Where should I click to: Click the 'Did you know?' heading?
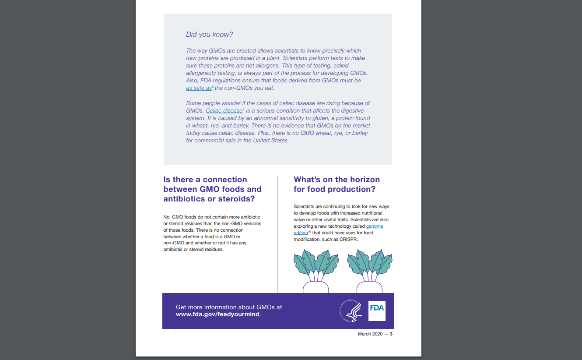(210, 35)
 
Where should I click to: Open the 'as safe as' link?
(199, 88)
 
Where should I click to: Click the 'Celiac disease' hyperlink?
(224, 111)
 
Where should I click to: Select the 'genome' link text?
(375, 226)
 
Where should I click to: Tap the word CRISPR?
(351, 240)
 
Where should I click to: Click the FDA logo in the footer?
(377, 311)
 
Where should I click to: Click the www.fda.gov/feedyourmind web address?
(218, 314)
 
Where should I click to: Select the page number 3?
(391, 334)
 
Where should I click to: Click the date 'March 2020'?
(370, 334)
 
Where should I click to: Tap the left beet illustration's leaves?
(316, 263)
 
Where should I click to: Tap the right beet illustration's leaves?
(370, 263)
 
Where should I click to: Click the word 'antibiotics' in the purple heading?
(184, 199)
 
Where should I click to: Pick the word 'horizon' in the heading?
(358, 180)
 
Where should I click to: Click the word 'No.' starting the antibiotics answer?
(167, 217)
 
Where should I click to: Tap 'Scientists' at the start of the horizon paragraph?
(304, 206)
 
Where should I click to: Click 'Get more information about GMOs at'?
(229, 307)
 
